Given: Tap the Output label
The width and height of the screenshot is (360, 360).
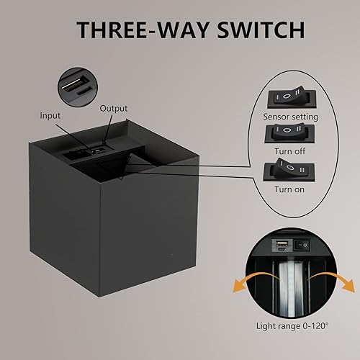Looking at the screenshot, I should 114,109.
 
